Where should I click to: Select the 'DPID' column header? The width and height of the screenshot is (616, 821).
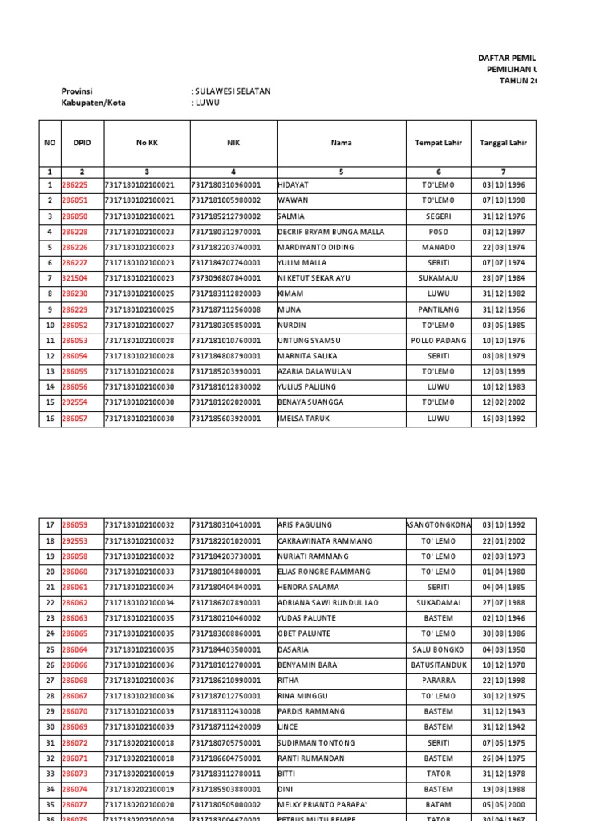[x=83, y=144]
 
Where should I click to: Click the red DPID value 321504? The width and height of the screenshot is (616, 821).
[x=75, y=278]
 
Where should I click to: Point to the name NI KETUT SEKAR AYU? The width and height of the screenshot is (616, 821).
[x=315, y=278]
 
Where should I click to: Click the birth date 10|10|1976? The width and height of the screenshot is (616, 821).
[x=504, y=340]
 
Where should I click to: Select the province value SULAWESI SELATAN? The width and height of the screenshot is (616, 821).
[x=233, y=91]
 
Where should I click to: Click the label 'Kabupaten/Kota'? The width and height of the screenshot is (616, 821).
[x=94, y=103]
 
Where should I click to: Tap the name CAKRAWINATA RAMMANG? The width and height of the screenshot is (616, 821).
[x=325, y=541]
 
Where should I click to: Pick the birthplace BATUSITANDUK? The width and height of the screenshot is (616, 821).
[x=439, y=665]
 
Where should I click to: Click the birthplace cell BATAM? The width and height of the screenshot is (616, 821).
[x=439, y=804]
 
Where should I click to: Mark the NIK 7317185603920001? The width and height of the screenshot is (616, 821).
[x=226, y=418]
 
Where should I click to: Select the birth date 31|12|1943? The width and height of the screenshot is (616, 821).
[x=504, y=711]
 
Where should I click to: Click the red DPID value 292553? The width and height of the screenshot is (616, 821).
[x=75, y=541]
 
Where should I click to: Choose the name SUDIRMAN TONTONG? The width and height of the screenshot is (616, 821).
[x=316, y=742]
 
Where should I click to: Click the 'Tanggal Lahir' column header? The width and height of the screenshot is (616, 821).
[x=504, y=144]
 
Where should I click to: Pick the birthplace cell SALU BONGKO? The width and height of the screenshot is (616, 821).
[x=439, y=649]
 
